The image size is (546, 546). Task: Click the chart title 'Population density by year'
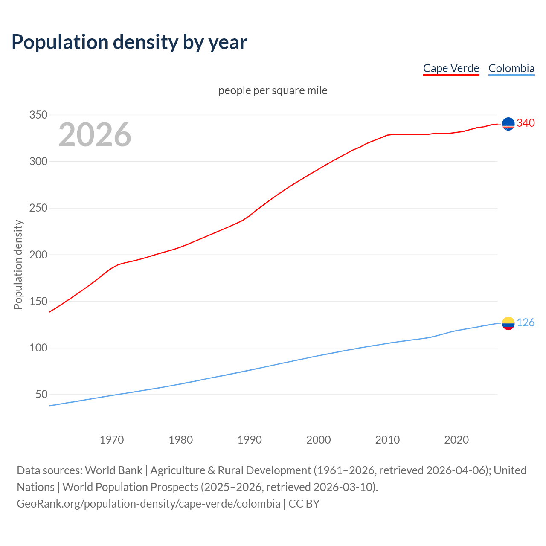coord(129,42)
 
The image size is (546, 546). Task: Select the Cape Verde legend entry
coord(451,68)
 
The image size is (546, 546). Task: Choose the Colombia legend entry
coord(511,68)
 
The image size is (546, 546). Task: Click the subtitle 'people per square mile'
coord(273,91)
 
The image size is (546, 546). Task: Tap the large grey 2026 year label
coord(95,135)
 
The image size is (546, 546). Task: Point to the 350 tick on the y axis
coord(38,115)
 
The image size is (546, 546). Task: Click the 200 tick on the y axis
coord(38,255)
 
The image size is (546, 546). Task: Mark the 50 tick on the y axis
coord(41,394)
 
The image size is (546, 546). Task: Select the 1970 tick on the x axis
coord(112,440)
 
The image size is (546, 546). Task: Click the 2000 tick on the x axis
coord(318,440)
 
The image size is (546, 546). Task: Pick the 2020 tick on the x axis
coord(456,440)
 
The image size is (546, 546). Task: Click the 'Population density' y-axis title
coord(18,264)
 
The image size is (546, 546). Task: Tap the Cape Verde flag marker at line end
coord(508,124)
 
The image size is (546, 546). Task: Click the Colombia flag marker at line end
coord(508,323)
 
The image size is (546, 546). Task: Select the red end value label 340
coord(526,123)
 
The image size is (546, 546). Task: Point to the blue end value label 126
coord(526,323)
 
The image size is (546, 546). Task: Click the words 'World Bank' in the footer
coord(113,470)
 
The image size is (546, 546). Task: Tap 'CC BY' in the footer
coord(304,504)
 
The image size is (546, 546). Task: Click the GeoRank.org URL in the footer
coord(148,504)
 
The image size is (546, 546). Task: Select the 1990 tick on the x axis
coord(250,440)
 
